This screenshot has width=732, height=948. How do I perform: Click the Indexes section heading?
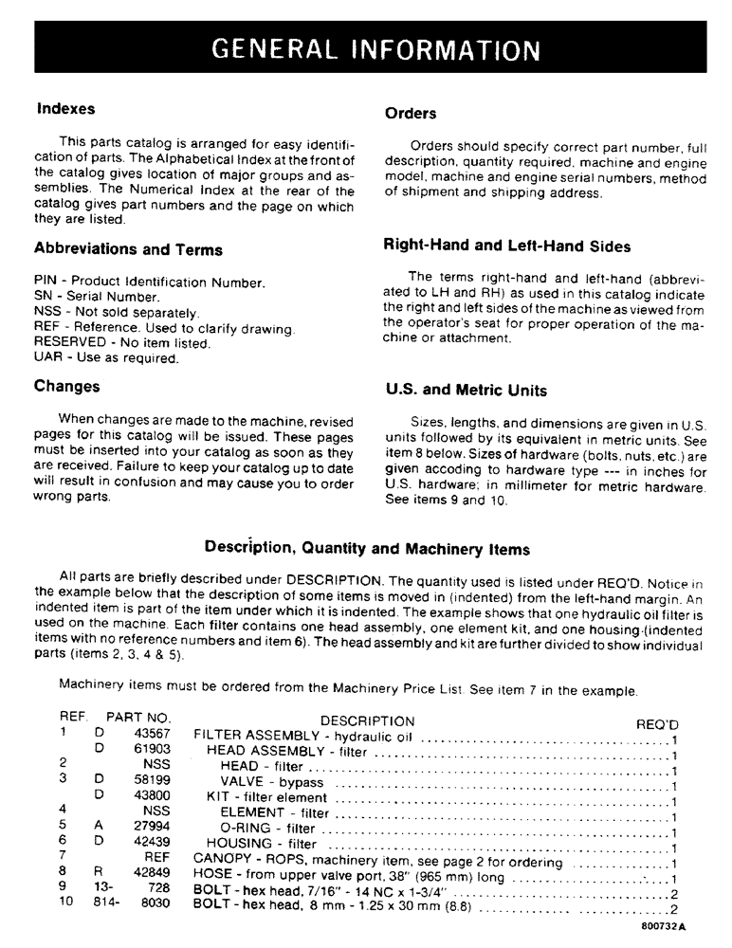point(65,109)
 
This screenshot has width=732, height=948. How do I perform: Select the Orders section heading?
point(411,114)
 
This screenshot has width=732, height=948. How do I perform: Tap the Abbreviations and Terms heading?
point(128,250)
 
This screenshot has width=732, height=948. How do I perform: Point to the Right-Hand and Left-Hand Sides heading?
point(506,246)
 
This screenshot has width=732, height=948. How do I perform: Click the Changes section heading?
point(66,387)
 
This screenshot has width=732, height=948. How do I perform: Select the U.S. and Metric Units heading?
point(466,391)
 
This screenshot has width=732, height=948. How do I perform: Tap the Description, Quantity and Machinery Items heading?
point(367,549)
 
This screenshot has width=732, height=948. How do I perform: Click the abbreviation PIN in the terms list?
point(46,283)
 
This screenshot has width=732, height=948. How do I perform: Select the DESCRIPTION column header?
point(367,721)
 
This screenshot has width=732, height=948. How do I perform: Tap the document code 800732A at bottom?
point(662,926)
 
